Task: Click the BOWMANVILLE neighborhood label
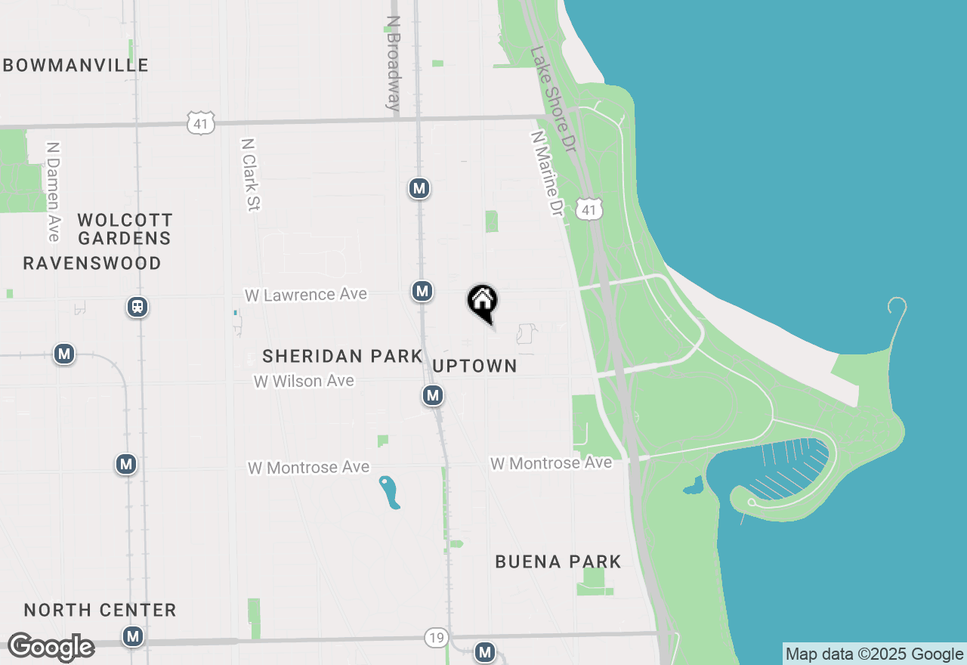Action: (76, 65)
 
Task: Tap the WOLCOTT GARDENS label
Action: (125, 229)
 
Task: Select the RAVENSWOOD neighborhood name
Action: (92, 263)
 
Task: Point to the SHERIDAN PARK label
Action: (342, 356)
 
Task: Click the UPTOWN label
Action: (475, 366)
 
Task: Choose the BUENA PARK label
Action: (558, 561)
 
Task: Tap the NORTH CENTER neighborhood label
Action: (100, 610)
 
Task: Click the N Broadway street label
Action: (393, 63)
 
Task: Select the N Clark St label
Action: (250, 174)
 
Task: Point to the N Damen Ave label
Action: (52, 192)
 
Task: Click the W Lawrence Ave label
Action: (306, 294)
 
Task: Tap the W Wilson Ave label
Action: (304, 381)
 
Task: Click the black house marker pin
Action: (483, 302)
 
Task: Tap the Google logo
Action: (51, 647)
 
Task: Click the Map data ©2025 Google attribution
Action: (874, 654)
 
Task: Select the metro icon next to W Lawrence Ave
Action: (422, 291)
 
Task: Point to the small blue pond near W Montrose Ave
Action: (390, 492)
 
